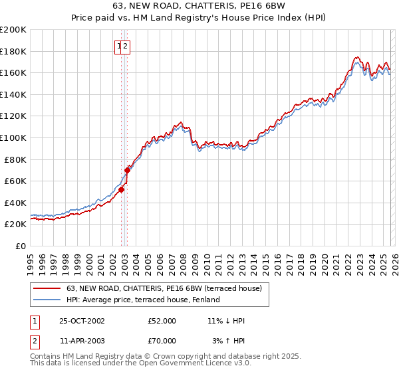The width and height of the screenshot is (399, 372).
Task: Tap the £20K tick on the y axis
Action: point(15,225)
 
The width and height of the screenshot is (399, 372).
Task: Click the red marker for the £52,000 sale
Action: point(122,189)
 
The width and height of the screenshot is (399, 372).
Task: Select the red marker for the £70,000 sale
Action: point(127,170)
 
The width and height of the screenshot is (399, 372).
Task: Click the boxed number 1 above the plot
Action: point(120,46)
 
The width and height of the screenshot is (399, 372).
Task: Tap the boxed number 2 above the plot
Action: point(126,46)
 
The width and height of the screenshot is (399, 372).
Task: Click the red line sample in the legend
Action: point(47,288)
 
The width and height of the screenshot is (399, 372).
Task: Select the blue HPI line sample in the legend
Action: point(47,300)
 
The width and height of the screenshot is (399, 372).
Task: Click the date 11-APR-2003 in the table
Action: point(82,341)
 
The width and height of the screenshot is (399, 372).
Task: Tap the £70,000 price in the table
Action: point(162,341)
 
